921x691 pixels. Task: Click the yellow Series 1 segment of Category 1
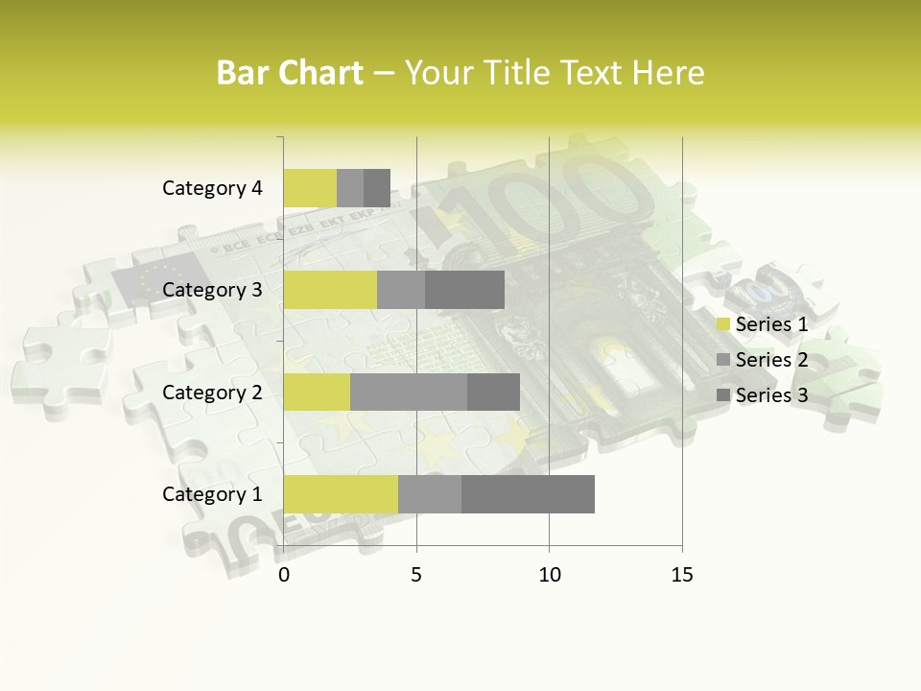click(x=341, y=493)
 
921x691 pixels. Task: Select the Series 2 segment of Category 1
click(x=430, y=493)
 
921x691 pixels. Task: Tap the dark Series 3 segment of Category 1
click(x=528, y=493)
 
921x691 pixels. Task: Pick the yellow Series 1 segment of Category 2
click(x=317, y=392)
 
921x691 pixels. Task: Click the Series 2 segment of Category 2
click(x=409, y=392)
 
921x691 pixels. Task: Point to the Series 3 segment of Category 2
click(x=493, y=392)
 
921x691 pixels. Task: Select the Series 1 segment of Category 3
click(x=330, y=290)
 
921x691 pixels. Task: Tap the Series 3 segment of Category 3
click(x=464, y=290)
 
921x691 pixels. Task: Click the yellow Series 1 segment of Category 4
click(x=310, y=188)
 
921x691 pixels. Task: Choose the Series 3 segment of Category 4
click(x=377, y=188)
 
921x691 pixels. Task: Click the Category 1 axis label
click(x=212, y=494)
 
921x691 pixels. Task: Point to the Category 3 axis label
click(x=212, y=290)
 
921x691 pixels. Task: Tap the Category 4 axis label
click(x=212, y=188)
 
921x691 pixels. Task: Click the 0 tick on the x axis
click(x=284, y=575)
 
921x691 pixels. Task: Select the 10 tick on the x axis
click(x=549, y=575)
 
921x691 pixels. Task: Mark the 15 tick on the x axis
click(x=681, y=575)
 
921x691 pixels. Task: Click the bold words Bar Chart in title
click(x=290, y=73)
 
